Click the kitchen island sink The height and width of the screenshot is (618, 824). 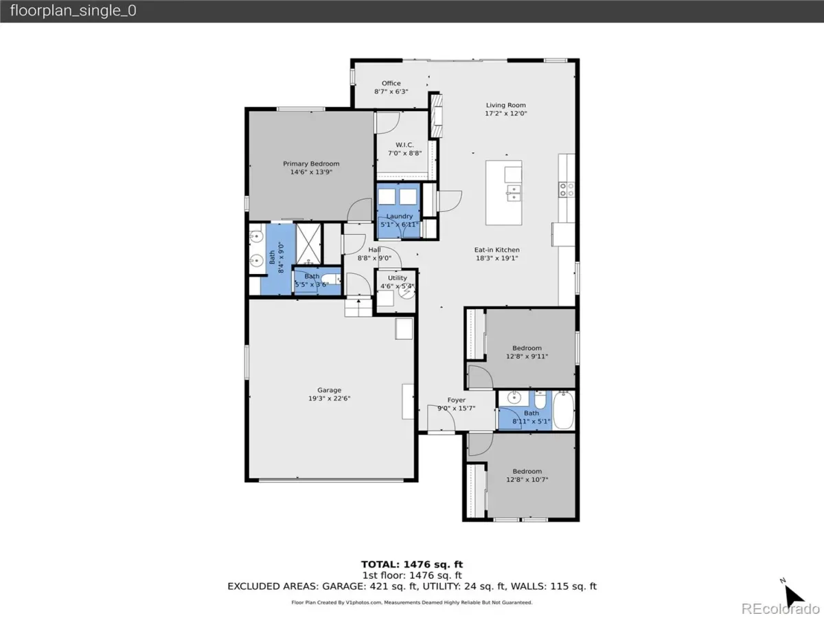pos(514,193)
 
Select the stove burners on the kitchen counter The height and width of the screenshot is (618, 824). pos(566,190)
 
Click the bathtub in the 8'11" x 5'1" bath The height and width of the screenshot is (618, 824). pos(564,410)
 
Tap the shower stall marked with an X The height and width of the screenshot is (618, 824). pos(308,244)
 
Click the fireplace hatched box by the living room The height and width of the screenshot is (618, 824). pos(436,115)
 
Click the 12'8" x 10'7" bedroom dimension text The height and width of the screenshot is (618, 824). pos(527,479)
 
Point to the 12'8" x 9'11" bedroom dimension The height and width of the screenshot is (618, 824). pos(527,356)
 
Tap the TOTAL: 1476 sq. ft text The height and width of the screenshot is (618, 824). pos(412,564)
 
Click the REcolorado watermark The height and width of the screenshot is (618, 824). pos(781,608)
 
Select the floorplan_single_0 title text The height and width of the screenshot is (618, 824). pos(73,10)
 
